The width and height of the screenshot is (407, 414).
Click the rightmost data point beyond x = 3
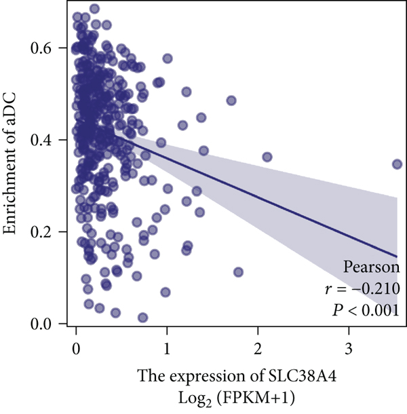(x=398, y=164)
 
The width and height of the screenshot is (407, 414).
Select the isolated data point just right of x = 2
(x=267, y=157)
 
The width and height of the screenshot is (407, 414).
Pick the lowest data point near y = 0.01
(x=143, y=318)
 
